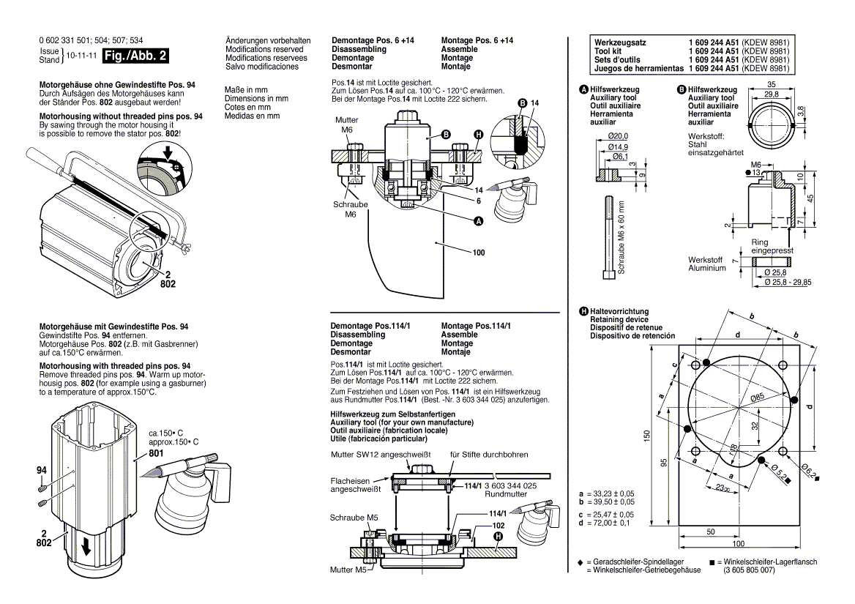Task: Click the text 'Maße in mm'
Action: [x=245, y=90]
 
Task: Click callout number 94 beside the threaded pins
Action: [x=42, y=468]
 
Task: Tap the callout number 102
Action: [x=498, y=525]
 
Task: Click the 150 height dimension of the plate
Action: [x=646, y=435]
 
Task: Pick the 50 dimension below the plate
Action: [x=711, y=532]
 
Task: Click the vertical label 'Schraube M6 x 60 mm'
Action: [x=621, y=237]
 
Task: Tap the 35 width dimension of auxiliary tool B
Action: [x=771, y=84]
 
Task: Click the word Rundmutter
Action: [x=506, y=494]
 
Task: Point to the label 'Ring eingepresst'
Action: [x=771, y=246]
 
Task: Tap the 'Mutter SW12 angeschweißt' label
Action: [x=381, y=455]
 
